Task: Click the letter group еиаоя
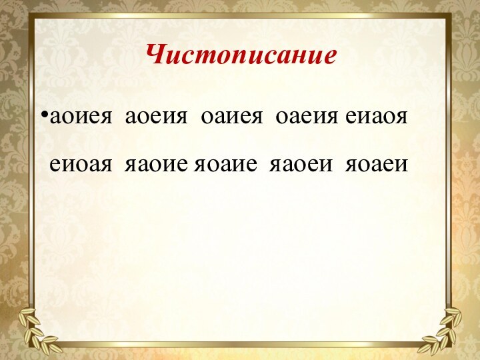click(x=377, y=119)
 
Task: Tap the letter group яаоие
click(x=157, y=163)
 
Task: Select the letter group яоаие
click(x=225, y=163)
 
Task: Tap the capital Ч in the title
click(x=155, y=53)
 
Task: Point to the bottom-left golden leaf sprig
click(x=37, y=330)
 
